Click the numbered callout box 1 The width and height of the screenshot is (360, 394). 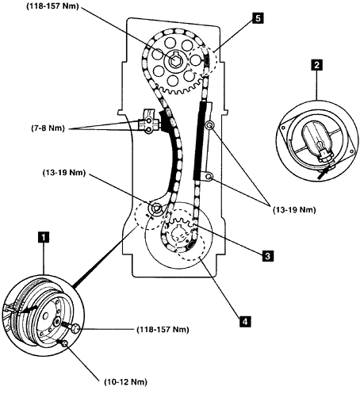tap(44, 236)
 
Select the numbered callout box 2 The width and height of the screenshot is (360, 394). tap(316, 65)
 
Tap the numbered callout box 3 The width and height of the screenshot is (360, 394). tap(268, 256)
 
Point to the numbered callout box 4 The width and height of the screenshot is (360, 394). tap(245, 322)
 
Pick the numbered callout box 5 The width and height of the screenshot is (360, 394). tap(258, 18)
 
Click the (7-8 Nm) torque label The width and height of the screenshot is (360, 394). tap(48, 128)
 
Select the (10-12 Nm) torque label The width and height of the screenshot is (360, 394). tap(126, 382)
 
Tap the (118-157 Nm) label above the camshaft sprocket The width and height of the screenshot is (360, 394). tap(53, 6)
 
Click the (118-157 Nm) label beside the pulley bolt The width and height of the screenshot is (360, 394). tap(163, 330)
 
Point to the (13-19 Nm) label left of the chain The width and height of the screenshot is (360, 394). tap(64, 173)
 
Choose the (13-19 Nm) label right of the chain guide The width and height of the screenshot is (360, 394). tap(294, 210)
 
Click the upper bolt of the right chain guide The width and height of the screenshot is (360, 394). tap(209, 125)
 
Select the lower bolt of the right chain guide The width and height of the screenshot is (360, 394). tap(209, 176)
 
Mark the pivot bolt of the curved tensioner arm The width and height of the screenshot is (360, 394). tap(156, 208)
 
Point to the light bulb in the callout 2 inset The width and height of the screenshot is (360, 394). tap(320, 146)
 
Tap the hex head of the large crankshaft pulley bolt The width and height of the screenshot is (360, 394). tap(76, 329)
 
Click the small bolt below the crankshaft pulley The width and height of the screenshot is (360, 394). tap(64, 343)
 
